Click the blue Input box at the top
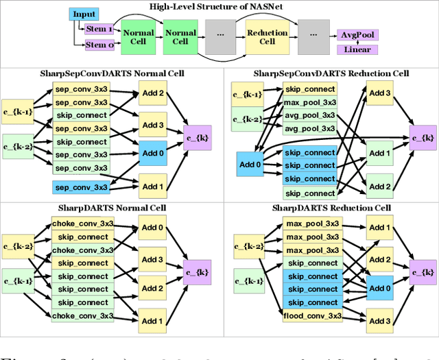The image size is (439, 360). [84, 14]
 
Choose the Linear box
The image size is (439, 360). [358, 49]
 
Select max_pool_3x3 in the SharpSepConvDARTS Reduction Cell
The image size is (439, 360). [309, 102]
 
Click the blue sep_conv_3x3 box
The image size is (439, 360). [80, 187]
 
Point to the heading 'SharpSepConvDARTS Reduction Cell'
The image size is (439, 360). [332, 73]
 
